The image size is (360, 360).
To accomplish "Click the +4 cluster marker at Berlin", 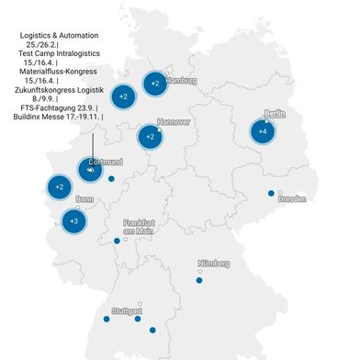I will tap(264, 132).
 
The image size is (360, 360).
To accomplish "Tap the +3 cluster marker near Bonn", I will tap(74, 220).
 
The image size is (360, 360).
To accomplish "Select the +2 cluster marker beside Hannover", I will tap(150, 138).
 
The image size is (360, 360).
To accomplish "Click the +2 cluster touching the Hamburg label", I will tap(155, 84).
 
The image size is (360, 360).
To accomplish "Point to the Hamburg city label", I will tap(181, 81).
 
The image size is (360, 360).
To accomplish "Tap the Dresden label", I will tap(292, 197).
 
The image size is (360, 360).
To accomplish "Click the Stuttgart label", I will tap(125, 311).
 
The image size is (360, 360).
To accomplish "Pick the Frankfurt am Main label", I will tap(141, 228).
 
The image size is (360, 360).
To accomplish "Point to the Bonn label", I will tap(84, 198).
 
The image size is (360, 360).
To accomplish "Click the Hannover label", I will tap(174, 121).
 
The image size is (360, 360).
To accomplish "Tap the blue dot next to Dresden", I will tap(271, 193).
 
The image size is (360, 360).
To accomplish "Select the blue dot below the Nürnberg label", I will tap(199, 280).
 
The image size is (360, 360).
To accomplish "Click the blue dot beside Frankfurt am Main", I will tap(117, 241).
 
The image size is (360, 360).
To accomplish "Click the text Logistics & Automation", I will tap(59, 36).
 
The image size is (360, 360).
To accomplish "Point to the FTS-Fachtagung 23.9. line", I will tap(59, 108).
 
